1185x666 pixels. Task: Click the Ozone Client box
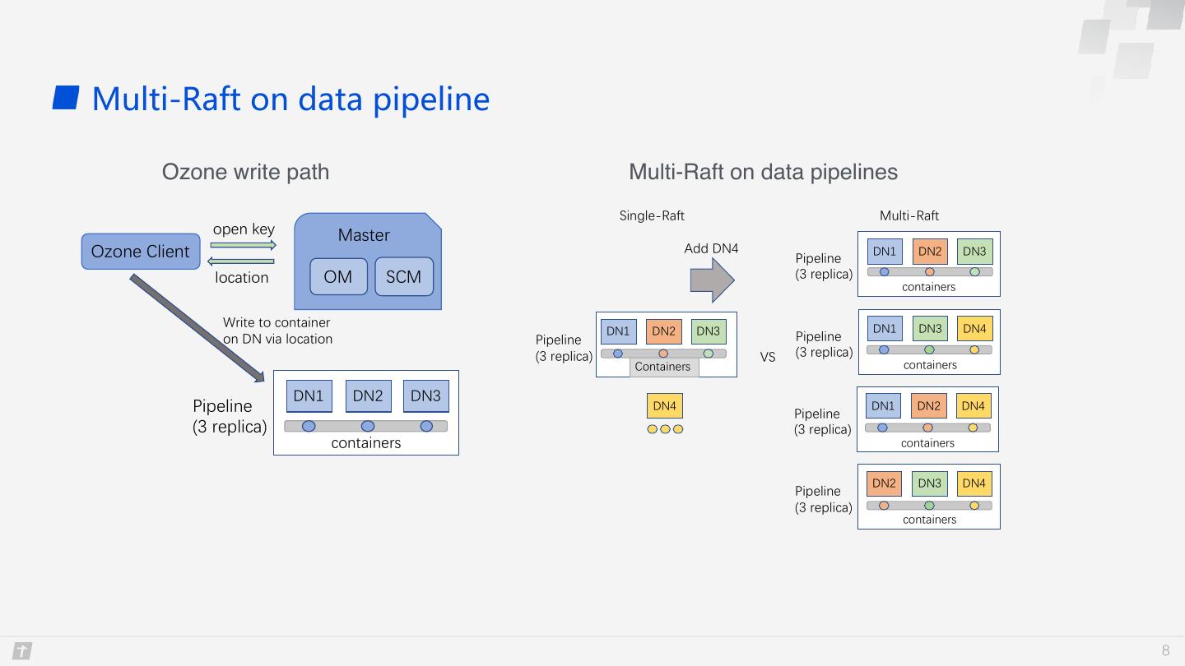pyautogui.click(x=141, y=252)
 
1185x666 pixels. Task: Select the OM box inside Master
pyautogui.click(x=338, y=276)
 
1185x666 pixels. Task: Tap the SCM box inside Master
pyautogui.click(x=404, y=276)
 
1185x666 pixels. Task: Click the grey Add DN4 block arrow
pyautogui.click(x=712, y=280)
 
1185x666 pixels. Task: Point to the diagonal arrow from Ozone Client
pyautogui.click(x=197, y=328)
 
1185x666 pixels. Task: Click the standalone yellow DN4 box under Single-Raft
pyautogui.click(x=665, y=406)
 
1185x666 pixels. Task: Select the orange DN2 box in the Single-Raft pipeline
pyautogui.click(x=663, y=331)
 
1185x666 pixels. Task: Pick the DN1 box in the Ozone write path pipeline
pyautogui.click(x=309, y=396)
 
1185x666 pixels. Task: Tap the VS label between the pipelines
pyautogui.click(x=768, y=358)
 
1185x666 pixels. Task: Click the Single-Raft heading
pyautogui.click(x=652, y=215)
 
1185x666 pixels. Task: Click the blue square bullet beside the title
pyautogui.click(x=66, y=98)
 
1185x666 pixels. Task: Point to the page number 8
pyautogui.click(x=1165, y=650)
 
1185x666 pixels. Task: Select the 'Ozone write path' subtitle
pyautogui.click(x=245, y=173)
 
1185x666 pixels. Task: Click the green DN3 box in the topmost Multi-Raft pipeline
pyautogui.click(x=974, y=252)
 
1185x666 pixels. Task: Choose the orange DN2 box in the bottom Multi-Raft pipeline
pyautogui.click(x=884, y=483)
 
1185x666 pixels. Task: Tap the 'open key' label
pyautogui.click(x=244, y=229)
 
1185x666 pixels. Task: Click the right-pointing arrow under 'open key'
pyautogui.click(x=244, y=245)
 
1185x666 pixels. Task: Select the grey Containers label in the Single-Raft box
pyautogui.click(x=663, y=367)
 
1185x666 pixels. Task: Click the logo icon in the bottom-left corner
pyautogui.click(x=22, y=650)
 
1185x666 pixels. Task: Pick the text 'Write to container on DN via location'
pyautogui.click(x=277, y=331)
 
